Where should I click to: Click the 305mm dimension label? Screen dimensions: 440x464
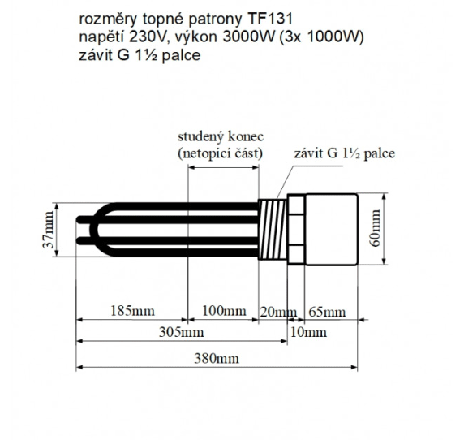tap(181, 332)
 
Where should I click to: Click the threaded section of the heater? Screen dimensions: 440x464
tap(273, 231)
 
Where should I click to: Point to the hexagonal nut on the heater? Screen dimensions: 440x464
tap(293, 231)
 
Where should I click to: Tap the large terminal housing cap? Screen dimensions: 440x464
tap(331, 231)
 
